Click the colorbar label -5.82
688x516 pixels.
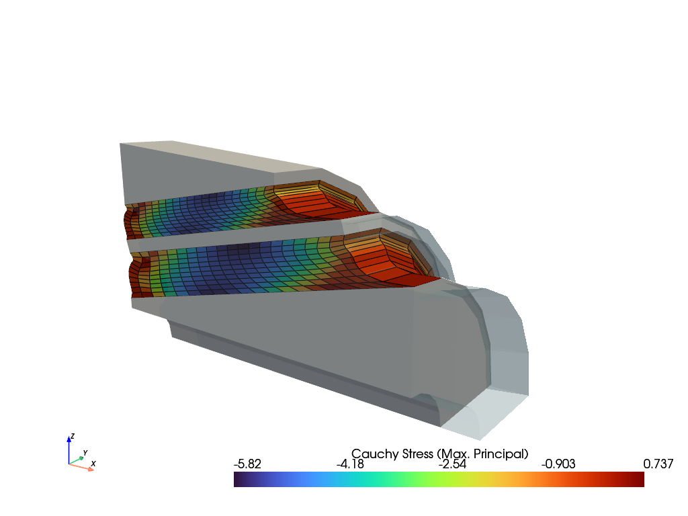[x=247, y=464]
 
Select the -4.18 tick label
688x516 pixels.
[x=350, y=464]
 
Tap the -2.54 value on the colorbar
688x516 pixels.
[x=452, y=464]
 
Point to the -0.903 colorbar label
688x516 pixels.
[x=558, y=464]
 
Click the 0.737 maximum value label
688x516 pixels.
[x=658, y=464]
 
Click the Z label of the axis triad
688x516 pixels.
[x=73, y=436]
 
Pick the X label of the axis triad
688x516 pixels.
[x=93, y=464]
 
